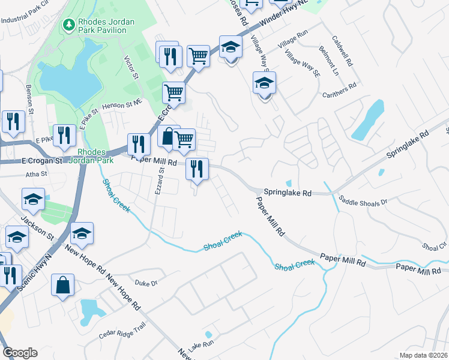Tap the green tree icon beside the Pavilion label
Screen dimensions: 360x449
[68, 25]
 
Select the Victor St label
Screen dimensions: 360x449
[130, 68]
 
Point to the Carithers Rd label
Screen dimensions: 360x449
[339, 85]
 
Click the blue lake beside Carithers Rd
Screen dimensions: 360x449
[367, 119]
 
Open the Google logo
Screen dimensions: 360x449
[20, 353]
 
